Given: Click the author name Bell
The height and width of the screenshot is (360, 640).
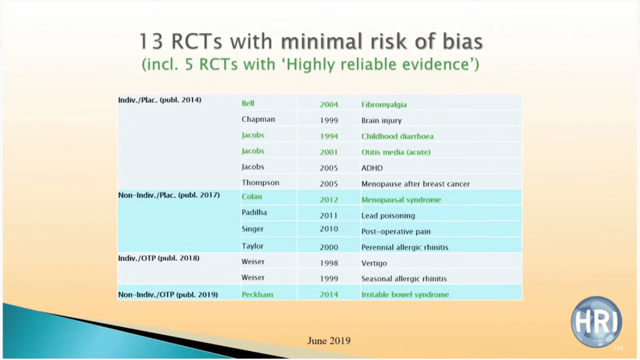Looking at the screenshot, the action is click(x=247, y=103).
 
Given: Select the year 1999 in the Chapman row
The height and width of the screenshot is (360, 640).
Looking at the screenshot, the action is click(x=329, y=121).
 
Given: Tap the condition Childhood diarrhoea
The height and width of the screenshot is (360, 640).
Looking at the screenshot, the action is click(x=397, y=136).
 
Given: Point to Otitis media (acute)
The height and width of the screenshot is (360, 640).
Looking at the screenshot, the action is click(x=396, y=152).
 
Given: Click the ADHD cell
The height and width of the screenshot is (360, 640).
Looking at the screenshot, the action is click(x=372, y=168).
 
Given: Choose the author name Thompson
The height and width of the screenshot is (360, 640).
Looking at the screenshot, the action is click(x=260, y=183).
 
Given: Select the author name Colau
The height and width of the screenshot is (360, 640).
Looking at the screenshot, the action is click(x=251, y=197).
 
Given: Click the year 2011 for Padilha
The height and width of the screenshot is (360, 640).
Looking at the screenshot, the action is click(x=329, y=216).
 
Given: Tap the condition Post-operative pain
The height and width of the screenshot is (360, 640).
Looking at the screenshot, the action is click(x=396, y=231).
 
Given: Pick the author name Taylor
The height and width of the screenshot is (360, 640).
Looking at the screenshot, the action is click(x=252, y=246).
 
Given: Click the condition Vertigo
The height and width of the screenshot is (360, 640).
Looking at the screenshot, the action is click(x=374, y=263).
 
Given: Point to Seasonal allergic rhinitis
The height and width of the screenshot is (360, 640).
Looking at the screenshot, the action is click(x=404, y=279).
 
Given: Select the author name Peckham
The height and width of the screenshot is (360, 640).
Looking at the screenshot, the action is click(x=257, y=295).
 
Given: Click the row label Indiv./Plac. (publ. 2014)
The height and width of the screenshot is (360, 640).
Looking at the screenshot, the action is click(x=159, y=100).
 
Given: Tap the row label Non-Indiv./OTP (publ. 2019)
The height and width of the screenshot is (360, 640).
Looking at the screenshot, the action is click(x=167, y=295).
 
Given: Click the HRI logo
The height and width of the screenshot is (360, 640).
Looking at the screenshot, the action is click(x=596, y=322).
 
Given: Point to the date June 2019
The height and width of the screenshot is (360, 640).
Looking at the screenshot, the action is click(x=329, y=341).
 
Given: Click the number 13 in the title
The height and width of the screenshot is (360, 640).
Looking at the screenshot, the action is click(x=151, y=42).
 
